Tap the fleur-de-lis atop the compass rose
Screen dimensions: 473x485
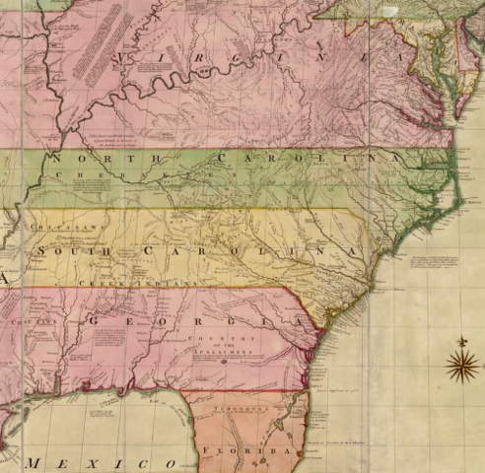461,342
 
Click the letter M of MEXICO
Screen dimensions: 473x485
36,462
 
